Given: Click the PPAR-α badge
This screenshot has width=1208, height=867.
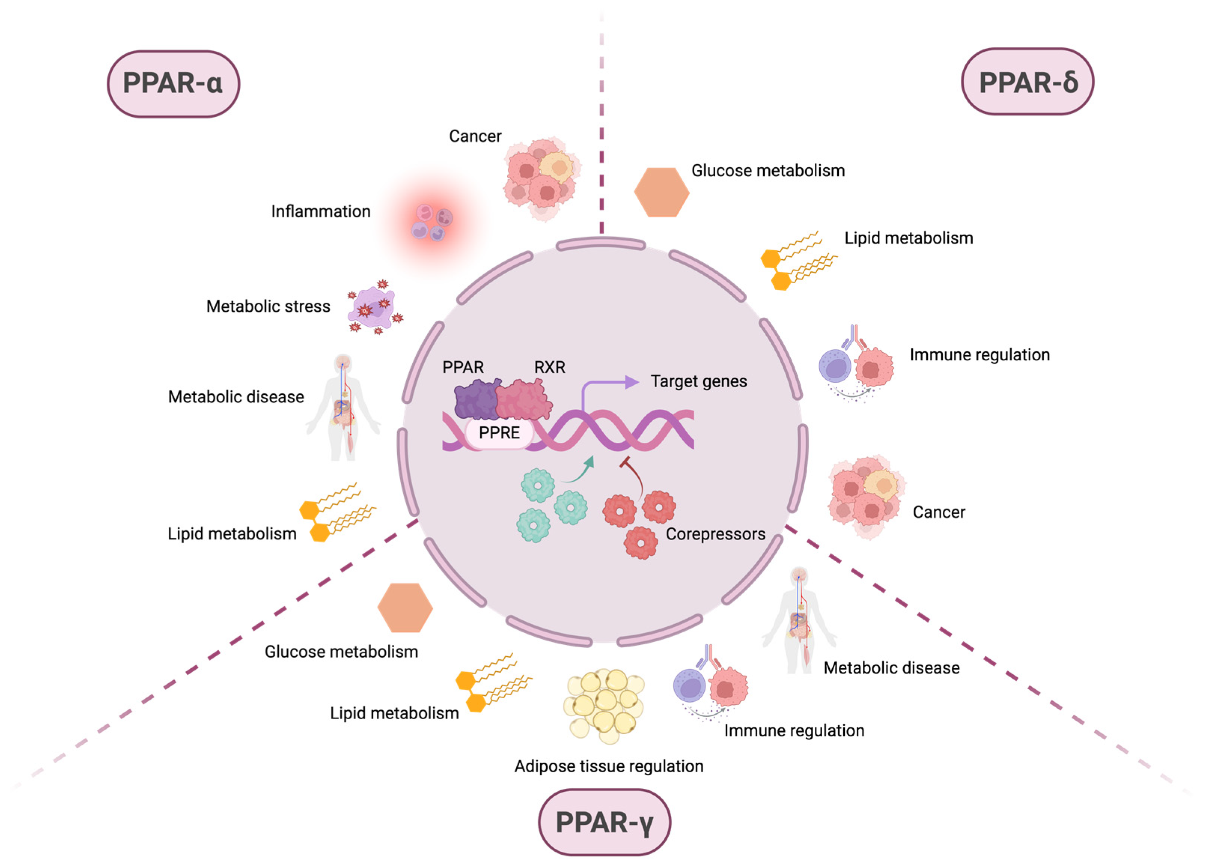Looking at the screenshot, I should point(173,84).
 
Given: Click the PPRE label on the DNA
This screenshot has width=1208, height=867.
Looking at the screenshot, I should point(499,433).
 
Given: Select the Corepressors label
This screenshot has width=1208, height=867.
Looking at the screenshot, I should point(715,534).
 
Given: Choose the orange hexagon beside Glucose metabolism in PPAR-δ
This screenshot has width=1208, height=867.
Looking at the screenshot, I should point(661,192).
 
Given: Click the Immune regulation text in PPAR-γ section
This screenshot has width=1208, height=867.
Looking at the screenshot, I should point(793,730).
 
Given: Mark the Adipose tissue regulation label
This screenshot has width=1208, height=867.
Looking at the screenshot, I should point(608,766).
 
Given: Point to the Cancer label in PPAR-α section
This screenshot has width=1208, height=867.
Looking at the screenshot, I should point(475,137).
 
